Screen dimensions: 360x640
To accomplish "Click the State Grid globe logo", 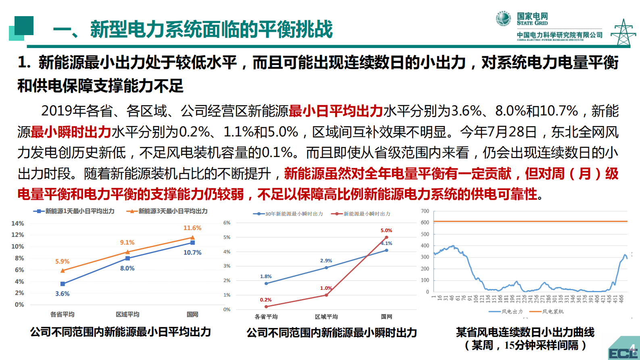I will (x=503, y=19).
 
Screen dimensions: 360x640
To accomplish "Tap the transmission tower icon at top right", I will (x=623, y=32).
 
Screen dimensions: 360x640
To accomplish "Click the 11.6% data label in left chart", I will (x=192, y=228).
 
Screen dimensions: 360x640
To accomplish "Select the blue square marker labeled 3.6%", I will (x=63, y=284).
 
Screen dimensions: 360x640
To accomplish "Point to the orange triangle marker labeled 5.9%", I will (x=63, y=270).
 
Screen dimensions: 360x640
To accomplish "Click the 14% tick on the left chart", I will (x=17, y=223).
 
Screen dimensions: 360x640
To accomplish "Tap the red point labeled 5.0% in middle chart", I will (x=386, y=237).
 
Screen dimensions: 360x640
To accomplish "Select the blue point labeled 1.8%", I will (x=266, y=283).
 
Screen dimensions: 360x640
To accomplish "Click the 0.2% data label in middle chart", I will (x=266, y=300).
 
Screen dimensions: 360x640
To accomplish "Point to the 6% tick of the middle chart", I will (x=227, y=223).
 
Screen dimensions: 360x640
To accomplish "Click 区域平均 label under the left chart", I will (x=127, y=314).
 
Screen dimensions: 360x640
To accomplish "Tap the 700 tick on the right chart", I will (x=425, y=211).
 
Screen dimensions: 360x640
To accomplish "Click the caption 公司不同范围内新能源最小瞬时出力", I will (x=331, y=333).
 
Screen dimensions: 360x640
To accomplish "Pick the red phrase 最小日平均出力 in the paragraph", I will (x=336, y=111).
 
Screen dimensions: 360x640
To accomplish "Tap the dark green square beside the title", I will (x=23, y=25).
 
